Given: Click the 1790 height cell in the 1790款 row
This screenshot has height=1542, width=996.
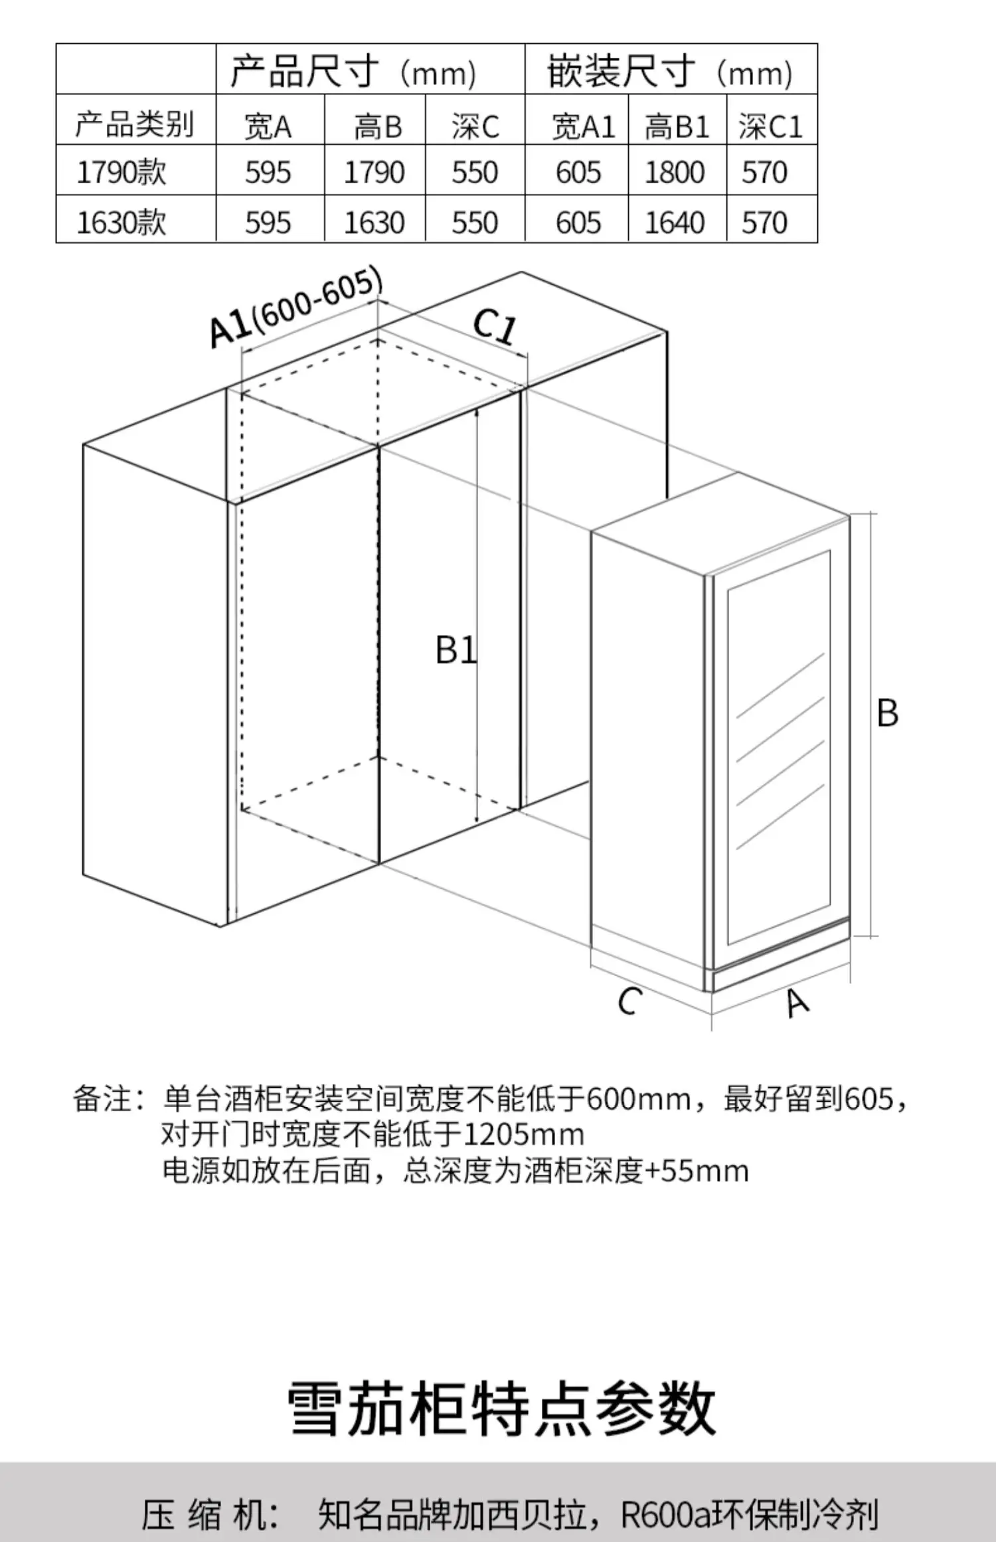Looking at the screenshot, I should point(374,173).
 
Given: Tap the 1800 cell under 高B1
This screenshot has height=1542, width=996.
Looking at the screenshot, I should point(675,173).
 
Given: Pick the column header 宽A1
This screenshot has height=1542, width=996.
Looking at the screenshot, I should point(583,126).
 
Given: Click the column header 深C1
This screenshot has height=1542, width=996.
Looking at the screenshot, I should point(770,126).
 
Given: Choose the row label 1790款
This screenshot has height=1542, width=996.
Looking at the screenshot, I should point(122,173).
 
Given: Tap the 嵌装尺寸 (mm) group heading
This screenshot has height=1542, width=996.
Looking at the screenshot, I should point(669,72).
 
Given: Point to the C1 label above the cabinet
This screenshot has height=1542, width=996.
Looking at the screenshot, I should point(495,327).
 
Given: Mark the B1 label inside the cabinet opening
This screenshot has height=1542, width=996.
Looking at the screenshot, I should point(456,650).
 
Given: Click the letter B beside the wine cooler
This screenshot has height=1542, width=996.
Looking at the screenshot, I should point(887,713).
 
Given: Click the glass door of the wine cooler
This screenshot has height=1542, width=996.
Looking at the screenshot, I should point(778,747).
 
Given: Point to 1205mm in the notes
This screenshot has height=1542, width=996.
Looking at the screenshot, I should point(523,1134).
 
